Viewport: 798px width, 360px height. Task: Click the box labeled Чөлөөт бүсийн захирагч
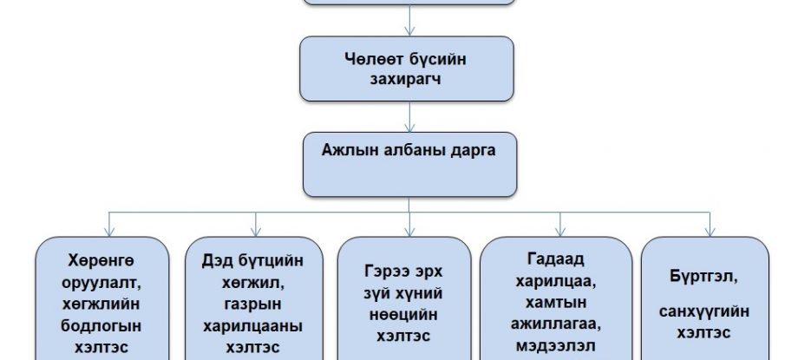pos(407,68)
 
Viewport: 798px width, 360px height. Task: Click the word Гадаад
pos(556,259)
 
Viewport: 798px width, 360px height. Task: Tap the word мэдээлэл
pos(556,345)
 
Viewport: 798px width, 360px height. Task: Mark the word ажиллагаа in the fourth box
pos(556,324)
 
